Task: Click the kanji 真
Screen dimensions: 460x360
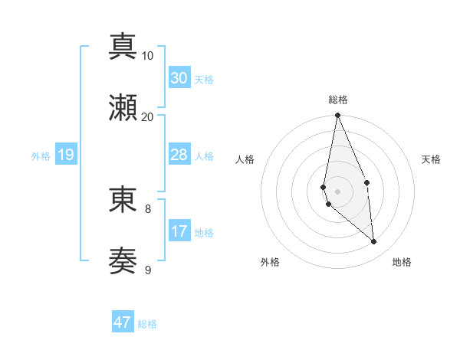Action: tap(123, 46)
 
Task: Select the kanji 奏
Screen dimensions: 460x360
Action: tap(123, 260)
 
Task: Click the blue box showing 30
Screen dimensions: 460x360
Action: tap(179, 78)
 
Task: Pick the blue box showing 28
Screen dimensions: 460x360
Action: tap(179, 155)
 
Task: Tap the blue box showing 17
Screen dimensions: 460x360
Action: tap(179, 231)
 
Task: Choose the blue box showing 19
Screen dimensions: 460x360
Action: tap(65, 155)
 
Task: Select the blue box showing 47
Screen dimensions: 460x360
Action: tap(123, 322)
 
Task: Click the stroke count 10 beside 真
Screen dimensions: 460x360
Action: tap(148, 56)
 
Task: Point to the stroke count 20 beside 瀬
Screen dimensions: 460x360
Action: tap(148, 117)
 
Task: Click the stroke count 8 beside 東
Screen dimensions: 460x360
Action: tap(148, 208)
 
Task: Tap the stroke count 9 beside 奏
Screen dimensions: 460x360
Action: tap(148, 270)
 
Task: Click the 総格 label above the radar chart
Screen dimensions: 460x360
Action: tap(338, 100)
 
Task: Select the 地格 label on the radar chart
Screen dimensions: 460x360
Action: tap(402, 262)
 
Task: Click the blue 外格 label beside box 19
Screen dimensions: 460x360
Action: tap(41, 156)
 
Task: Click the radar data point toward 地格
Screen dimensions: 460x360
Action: tap(374, 242)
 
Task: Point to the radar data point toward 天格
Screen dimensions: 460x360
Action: tap(367, 182)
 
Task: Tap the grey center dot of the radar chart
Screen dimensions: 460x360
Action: tap(338, 191)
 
